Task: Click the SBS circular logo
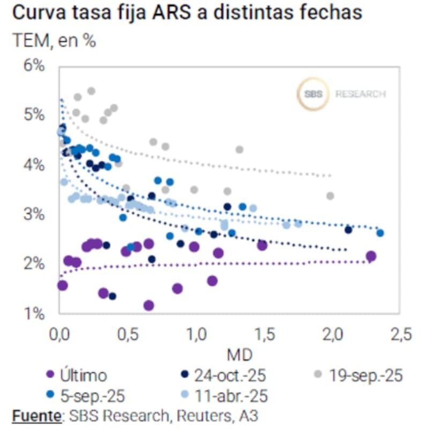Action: (313, 94)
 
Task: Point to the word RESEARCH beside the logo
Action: (360, 94)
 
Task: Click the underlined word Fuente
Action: (34, 415)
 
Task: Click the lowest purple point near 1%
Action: (149, 305)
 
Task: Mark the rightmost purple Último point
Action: (371, 256)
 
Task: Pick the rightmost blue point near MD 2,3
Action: (380, 232)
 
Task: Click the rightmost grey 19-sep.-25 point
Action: (330, 196)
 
